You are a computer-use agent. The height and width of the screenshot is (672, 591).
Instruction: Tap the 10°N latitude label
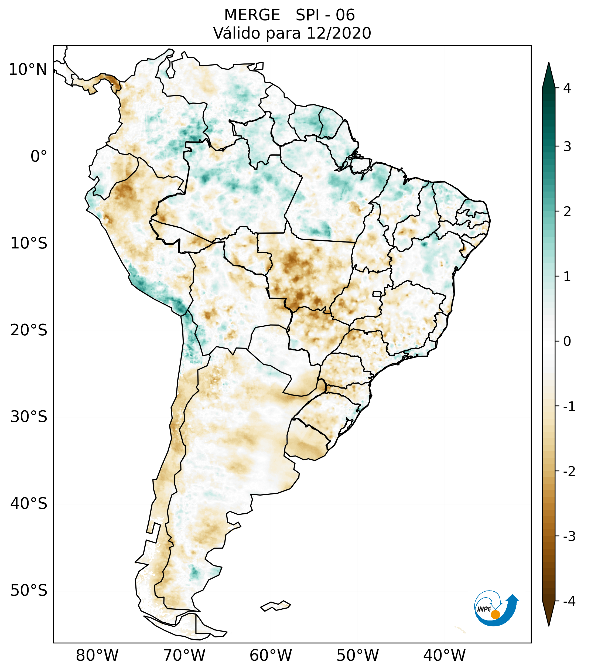tap(28, 70)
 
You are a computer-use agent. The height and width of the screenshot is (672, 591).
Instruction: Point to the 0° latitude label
tap(39, 156)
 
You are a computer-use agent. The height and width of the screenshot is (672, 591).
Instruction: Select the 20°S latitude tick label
tap(29, 330)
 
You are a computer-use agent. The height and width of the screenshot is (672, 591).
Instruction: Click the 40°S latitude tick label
tap(29, 504)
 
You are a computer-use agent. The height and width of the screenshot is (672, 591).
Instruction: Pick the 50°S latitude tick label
tap(29, 591)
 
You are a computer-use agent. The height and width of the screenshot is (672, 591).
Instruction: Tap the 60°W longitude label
tap(271, 656)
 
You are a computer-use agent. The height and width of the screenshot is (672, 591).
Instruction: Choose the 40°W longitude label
tap(445, 656)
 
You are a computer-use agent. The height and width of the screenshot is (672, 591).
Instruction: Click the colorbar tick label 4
tap(567, 88)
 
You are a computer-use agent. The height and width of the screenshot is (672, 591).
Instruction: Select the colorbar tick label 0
tap(567, 342)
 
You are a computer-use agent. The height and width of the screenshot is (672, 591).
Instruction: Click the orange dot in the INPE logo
tap(495, 615)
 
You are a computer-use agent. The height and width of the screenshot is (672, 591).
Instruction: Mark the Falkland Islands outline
tap(275, 606)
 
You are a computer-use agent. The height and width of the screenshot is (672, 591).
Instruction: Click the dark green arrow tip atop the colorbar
tap(548, 74)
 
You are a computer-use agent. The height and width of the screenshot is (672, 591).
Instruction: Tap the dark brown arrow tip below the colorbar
tap(548, 614)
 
